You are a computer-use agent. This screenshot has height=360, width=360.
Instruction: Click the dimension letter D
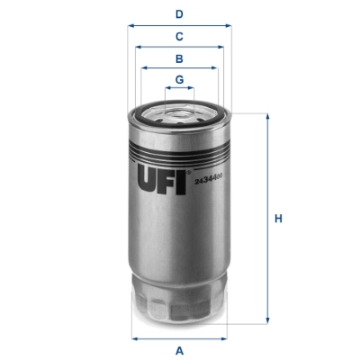coord(179,13)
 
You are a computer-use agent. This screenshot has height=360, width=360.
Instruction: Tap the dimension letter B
coord(179,58)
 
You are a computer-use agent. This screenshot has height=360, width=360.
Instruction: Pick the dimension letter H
coord(279,219)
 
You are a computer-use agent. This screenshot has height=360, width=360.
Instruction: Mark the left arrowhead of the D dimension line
coord(130,25)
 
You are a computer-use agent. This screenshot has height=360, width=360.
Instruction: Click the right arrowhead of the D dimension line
coord(229,25)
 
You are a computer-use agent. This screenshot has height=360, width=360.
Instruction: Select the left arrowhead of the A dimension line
coord(134,337)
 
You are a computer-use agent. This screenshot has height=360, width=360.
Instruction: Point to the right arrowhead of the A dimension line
coord(226,337)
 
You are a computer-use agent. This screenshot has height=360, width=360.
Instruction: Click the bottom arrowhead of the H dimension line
coord(267,320)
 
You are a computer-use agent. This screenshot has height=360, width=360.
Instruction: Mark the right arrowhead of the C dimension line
coord(223,48)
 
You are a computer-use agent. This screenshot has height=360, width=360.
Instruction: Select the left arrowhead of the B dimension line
coord(142,69)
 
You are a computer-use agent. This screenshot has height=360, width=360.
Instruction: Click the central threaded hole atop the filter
coord(180,114)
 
